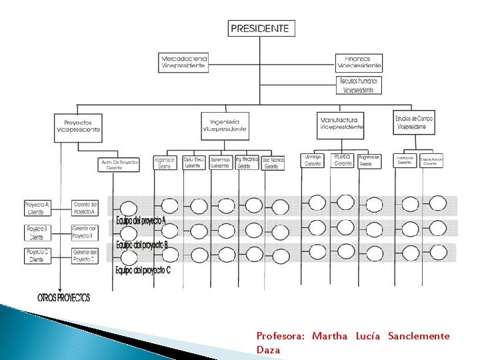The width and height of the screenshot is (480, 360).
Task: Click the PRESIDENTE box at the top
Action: tap(260, 28)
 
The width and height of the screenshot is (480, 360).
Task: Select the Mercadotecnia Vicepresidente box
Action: tap(184, 63)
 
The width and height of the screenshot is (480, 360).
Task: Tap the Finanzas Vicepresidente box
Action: tap(359, 63)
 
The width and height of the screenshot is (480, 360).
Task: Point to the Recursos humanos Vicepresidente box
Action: tap(359, 85)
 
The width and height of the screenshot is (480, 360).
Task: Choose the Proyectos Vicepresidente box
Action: tap(79, 127)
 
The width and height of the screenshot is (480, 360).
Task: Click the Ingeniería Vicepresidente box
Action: tap(224, 125)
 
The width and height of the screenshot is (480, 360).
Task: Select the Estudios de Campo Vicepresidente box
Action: tap(414, 122)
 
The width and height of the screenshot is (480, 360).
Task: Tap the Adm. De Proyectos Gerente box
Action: tap(120, 165)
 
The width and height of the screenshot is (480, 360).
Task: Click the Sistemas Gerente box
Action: tap(220, 163)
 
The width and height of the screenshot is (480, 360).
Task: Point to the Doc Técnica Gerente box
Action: tap(273, 163)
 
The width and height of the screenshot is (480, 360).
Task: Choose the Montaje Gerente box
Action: tap(313, 161)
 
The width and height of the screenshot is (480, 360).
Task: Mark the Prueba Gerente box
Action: tap(343, 160)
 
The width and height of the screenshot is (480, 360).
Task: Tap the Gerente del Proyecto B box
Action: tap(85, 232)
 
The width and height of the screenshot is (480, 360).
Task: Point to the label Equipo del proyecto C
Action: tap(143, 270)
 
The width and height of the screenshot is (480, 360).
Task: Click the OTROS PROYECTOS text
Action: tap(64, 297)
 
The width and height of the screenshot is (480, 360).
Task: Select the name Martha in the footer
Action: tap(329, 336)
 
